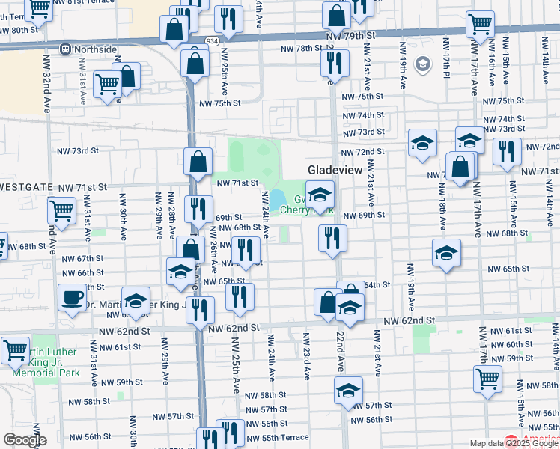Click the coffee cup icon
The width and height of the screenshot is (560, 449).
click(x=73, y=296)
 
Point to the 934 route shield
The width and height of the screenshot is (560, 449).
click(x=213, y=43)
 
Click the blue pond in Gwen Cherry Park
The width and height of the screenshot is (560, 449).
click(x=276, y=199)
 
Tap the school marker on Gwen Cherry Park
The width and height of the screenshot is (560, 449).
click(x=320, y=197)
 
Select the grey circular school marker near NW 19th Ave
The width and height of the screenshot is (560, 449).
click(x=422, y=64)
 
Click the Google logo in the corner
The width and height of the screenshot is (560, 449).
click(x=25, y=440)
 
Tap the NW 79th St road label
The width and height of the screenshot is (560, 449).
click(x=348, y=35)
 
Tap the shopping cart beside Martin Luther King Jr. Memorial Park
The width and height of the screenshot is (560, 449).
click(x=14, y=349)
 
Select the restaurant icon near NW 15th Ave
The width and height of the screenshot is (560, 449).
click(x=507, y=151)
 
